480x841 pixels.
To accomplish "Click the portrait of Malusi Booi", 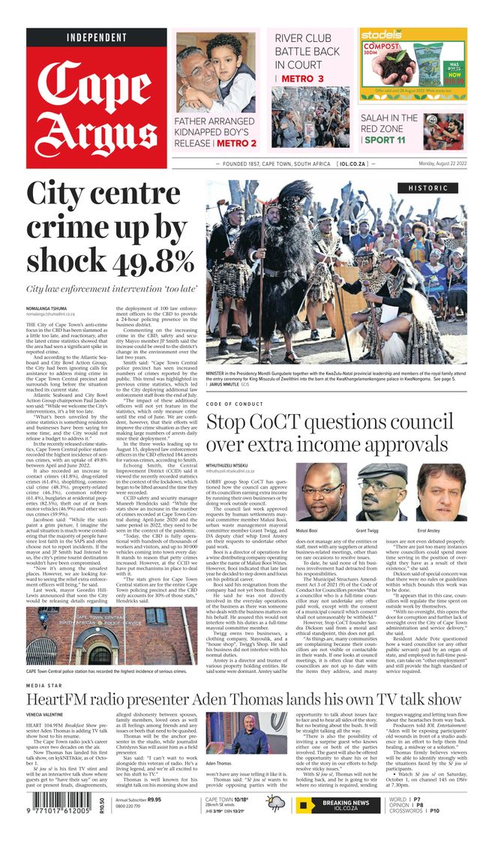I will pyautogui.click(x=322, y=492).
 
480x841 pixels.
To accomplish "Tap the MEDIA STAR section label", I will pyautogui.click(x=44, y=686).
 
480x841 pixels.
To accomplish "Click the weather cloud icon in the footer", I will pyautogui.click(x=274, y=805).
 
